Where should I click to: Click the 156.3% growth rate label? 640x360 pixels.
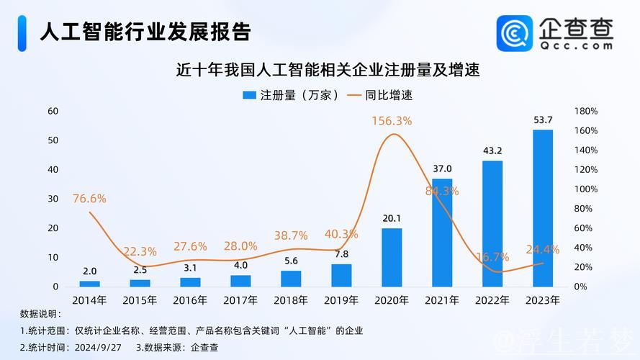point(392,121)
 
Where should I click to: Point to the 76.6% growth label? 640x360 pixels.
point(89,198)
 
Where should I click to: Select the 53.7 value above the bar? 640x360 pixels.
point(542,120)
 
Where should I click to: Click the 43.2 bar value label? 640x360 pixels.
point(492,150)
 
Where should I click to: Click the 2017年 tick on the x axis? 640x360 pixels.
point(240,300)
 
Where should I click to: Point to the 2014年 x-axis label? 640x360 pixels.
point(89,300)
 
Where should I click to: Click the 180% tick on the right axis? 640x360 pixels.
point(586,111)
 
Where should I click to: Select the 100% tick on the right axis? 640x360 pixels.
point(586,189)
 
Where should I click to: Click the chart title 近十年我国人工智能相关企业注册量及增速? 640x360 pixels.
point(328,71)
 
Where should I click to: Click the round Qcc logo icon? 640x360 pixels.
point(515,34)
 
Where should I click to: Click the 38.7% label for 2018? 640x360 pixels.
point(291,235)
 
